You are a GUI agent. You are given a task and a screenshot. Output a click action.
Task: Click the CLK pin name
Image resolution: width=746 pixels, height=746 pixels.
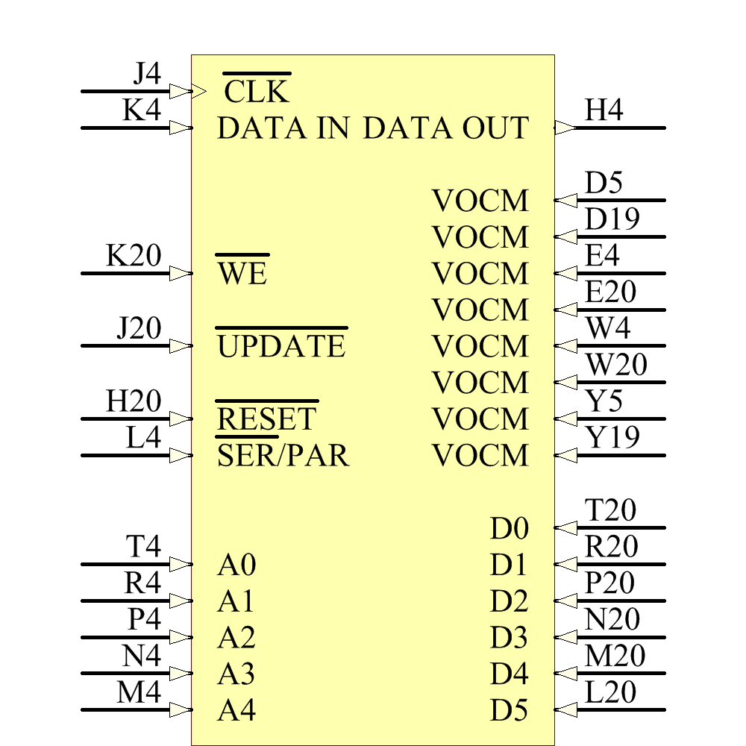tap(256, 92)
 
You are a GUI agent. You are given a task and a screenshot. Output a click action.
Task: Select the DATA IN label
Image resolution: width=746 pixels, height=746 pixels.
tap(283, 128)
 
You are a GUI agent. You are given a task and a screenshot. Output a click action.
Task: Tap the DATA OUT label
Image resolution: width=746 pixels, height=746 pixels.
tap(445, 128)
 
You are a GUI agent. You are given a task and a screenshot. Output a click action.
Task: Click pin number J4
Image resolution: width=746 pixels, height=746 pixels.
tap(146, 74)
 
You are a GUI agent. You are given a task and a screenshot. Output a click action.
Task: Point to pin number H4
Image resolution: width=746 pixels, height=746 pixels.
tap(604, 110)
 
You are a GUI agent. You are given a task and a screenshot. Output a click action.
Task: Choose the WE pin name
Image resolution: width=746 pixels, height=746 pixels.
tap(242, 274)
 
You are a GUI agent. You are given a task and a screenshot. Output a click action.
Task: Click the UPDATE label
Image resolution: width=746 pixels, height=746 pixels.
tap(281, 347)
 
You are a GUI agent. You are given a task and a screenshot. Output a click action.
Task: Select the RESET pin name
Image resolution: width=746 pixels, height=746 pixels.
tap(266, 419)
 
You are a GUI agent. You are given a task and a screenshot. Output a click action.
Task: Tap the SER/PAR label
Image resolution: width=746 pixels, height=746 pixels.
tap(283, 455)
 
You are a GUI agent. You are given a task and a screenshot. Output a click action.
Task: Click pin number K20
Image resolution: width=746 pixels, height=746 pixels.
tap(134, 256)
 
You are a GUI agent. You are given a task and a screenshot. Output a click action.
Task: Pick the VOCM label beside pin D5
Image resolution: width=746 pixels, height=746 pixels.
tap(480, 201)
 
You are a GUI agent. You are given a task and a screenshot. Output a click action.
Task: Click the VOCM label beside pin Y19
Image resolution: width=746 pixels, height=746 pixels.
tap(480, 455)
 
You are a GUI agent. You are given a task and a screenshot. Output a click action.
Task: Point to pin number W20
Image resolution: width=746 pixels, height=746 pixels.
tap(616, 366)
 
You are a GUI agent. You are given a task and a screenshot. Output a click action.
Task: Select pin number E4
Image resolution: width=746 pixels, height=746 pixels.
tap(603, 256)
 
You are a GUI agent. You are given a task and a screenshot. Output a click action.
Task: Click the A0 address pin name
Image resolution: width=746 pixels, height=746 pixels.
tap(237, 565)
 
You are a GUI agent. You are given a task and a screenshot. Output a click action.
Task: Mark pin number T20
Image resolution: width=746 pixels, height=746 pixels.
tap(611, 511)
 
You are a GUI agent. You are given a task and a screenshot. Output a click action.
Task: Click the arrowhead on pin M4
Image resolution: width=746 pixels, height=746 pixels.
tap(180, 709)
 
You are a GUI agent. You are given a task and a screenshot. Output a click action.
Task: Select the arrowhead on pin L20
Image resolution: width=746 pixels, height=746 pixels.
tap(565, 709)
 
